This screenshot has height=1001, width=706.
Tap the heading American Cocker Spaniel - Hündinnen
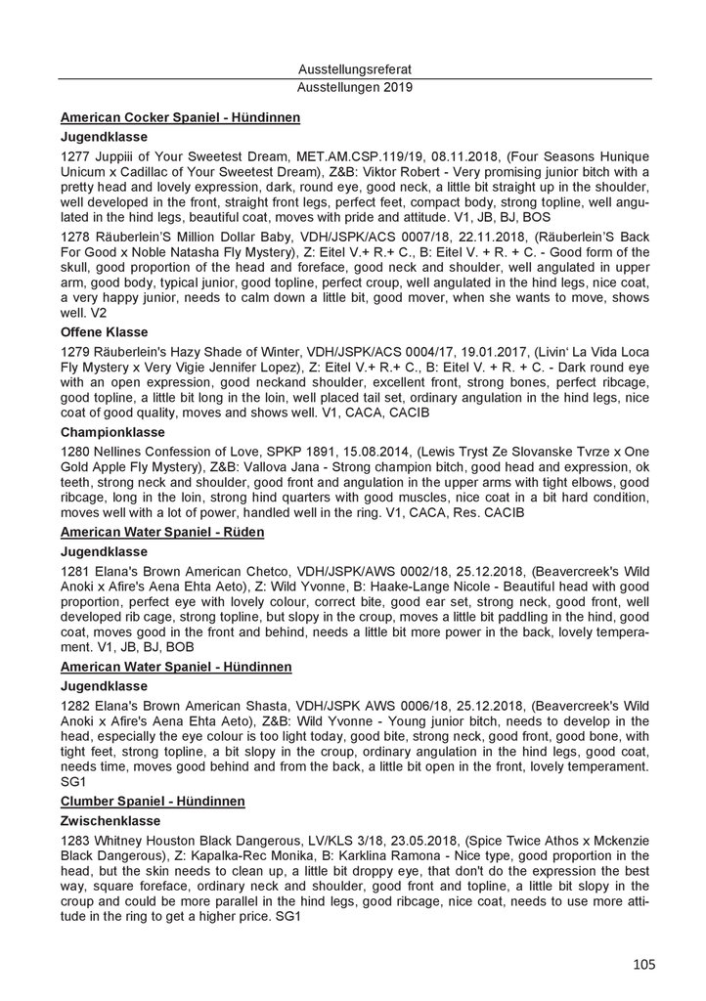(x=180, y=118)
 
